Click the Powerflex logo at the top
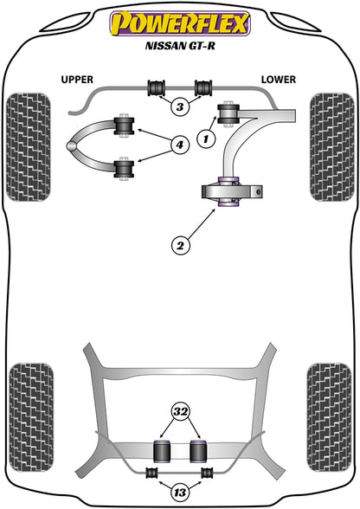[x=180, y=23]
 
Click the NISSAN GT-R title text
[x=180, y=45]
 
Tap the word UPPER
[x=77, y=80]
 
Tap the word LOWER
[x=279, y=80]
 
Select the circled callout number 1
[x=206, y=139]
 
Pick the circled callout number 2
[x=180, y=245]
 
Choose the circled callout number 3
[x=180, y=106]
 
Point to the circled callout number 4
[x=179, y=145]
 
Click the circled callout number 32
[x=181, y=411]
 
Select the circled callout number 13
[x=180, y=493]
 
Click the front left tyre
[x=29, y=147]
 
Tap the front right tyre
[x=331, y=147]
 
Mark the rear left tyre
[x=31, y=417]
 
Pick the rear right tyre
[x=329, y=417]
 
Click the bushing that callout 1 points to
[x=228, y=114]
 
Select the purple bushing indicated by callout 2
[x=228, y=192]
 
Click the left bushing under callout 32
[x=162, y=450]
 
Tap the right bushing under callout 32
[x=198, y=450]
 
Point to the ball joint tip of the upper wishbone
[x=72, y=146]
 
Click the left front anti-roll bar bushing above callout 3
[x=157, y=87]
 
